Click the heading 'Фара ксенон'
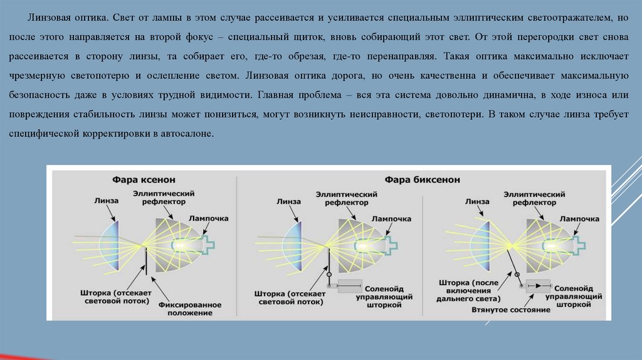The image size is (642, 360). coord(144,179)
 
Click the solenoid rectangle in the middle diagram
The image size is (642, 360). coord(358,286)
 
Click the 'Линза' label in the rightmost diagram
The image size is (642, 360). coord(477,201)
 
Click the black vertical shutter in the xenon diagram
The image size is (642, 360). coord(146,260)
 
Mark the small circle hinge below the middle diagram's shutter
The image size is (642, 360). coord(329,274)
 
